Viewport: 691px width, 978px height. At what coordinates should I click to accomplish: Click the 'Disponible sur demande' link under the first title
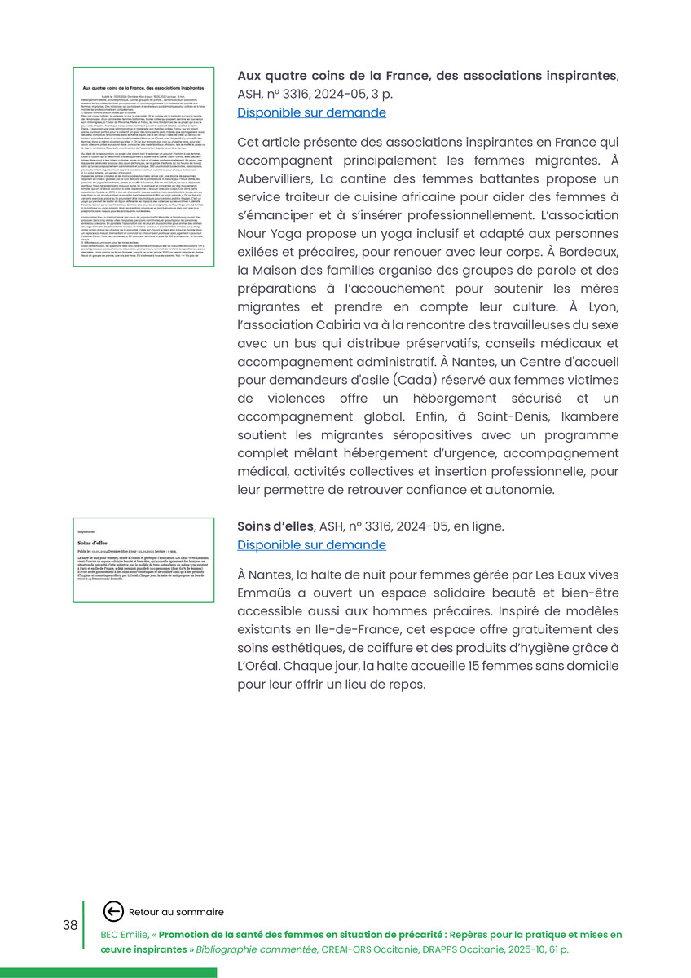click(311, 112)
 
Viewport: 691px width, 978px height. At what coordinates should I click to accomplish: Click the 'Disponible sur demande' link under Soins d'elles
click(311, 544)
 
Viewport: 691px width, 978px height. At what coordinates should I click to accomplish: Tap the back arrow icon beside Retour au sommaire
click(113, 912)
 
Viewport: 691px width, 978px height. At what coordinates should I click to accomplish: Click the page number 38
click(70, 925)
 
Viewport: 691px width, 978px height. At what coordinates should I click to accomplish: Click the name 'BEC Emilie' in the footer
click(126, 935)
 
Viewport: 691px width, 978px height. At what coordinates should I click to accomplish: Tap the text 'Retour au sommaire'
click(176, 912)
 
